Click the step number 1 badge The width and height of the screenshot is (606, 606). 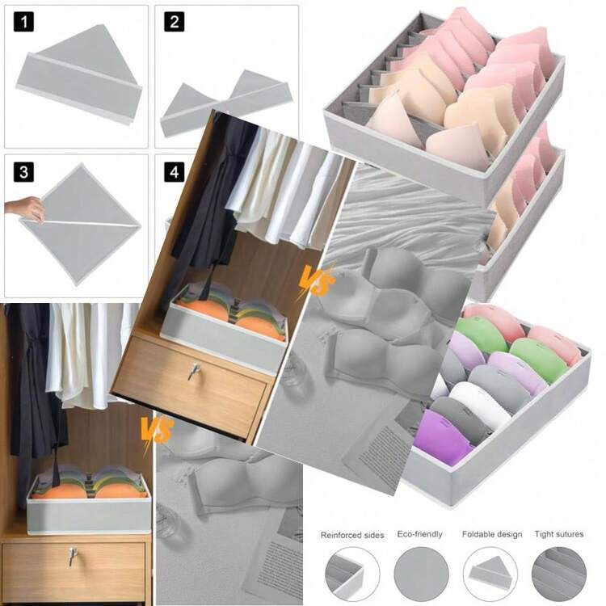[23, 22]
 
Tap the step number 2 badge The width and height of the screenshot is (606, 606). [174, 22]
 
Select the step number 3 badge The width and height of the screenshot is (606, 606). [23, 171]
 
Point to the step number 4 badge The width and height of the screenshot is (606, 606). [174, 171]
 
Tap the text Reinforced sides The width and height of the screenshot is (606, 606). [352, 535]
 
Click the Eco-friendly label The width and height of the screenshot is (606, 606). [419, 534]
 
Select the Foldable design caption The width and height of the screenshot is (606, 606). [492, 534]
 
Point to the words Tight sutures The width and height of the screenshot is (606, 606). [559, 534]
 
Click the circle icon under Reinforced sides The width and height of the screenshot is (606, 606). [352, 574]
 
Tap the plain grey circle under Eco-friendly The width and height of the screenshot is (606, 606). [421, 574]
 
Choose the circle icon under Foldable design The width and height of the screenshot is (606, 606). [490, 574]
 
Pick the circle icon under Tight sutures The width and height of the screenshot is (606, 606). [559, 574]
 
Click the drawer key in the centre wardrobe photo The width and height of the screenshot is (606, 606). [193, 372]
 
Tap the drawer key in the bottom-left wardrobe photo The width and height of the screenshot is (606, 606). [72, 556]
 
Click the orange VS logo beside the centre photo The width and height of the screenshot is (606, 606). [316, 281]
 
